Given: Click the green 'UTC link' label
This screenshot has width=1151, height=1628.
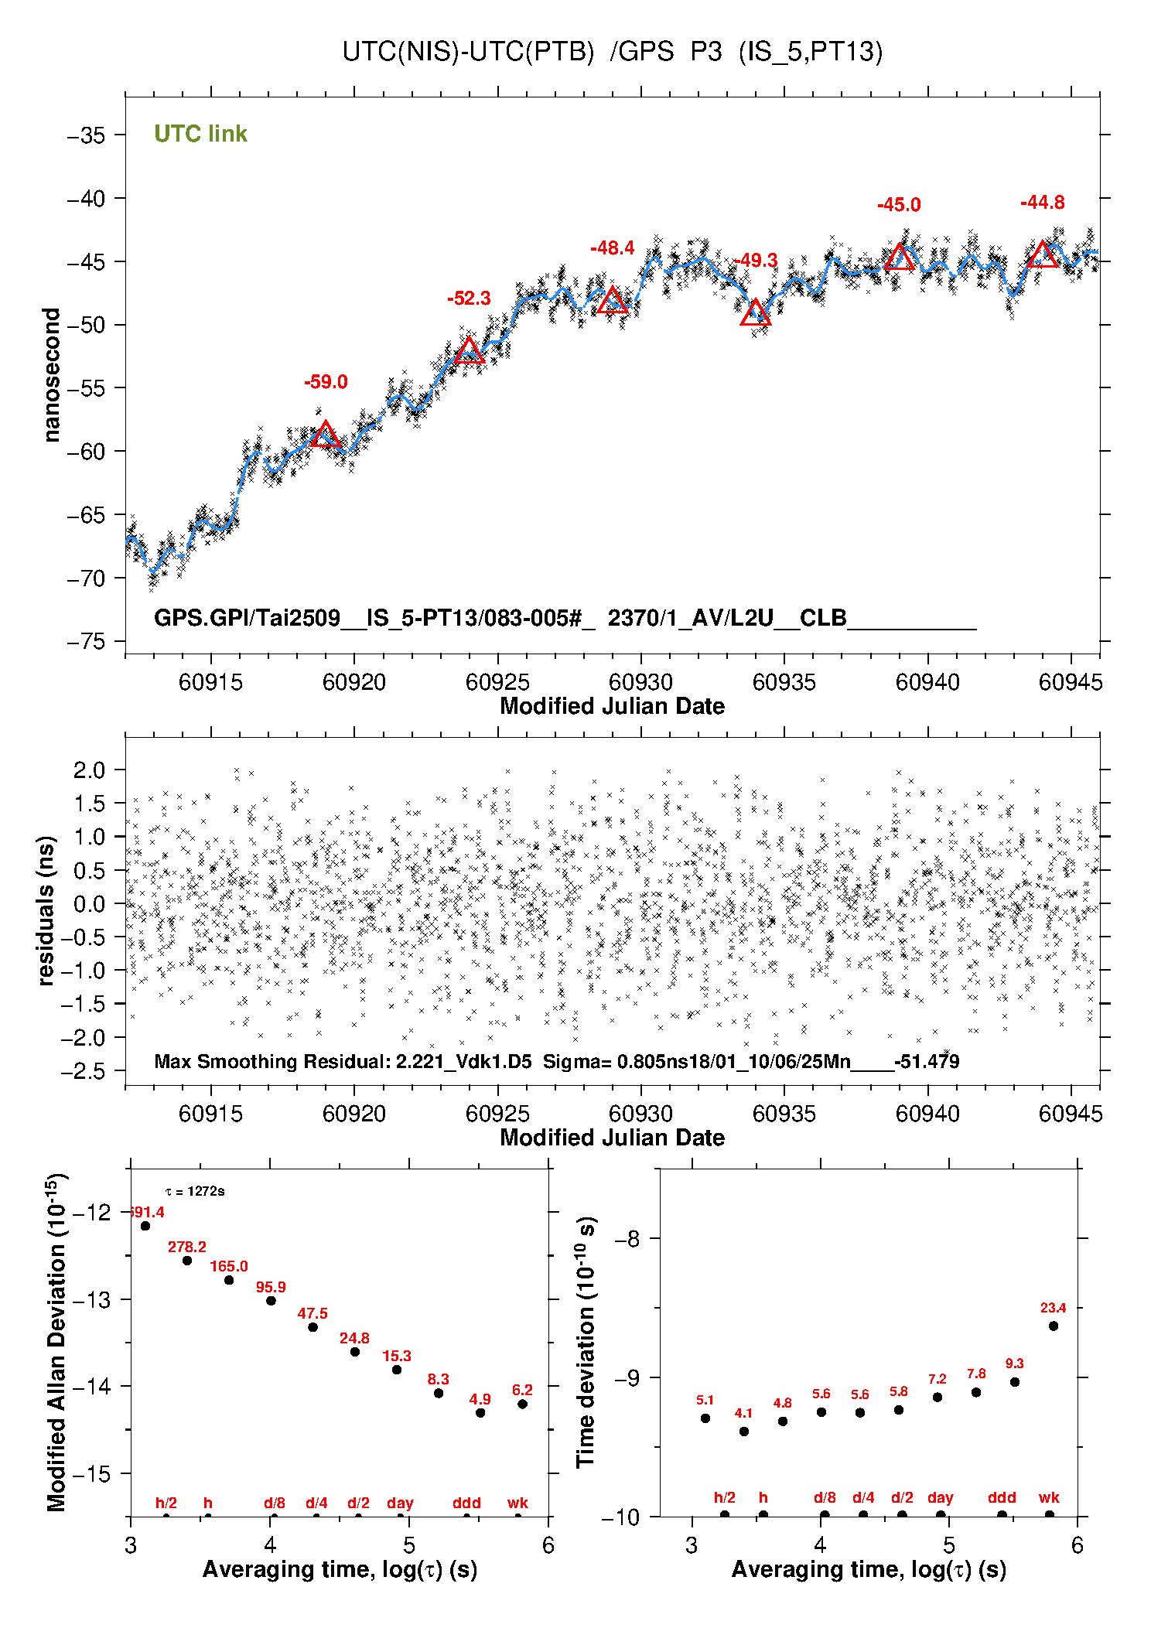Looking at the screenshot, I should coord(200,134).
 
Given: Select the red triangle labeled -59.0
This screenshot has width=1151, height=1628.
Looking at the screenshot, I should coord(325,435).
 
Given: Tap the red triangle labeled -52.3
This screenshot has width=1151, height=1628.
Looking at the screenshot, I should coord(469,350).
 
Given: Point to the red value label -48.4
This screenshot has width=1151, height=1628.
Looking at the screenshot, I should coord(612,248).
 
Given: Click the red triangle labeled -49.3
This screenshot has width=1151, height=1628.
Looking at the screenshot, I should coord(755,313).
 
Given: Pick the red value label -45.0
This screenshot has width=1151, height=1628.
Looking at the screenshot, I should coord(899,205).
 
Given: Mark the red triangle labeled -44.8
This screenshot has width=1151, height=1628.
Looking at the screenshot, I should coord(1042,255).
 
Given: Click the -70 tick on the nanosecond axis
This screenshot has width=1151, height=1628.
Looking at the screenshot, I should coord(86,579).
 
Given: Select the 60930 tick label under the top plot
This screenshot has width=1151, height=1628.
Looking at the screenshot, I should coord(640,682).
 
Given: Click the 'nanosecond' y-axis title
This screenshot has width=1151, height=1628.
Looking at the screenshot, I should coord(51,374).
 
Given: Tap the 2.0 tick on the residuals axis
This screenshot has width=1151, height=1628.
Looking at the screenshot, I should coord(89,770).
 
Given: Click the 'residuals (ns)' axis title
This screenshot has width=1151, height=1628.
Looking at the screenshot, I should coord(46,910).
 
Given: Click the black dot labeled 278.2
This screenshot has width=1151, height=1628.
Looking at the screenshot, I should coord(187,1261).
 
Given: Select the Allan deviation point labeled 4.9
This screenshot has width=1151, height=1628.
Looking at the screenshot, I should coord(480,1413).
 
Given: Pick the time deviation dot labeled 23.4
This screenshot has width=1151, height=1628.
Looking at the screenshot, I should coord(1054,1326).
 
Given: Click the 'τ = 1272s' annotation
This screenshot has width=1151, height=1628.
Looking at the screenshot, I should coord(195,1192).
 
